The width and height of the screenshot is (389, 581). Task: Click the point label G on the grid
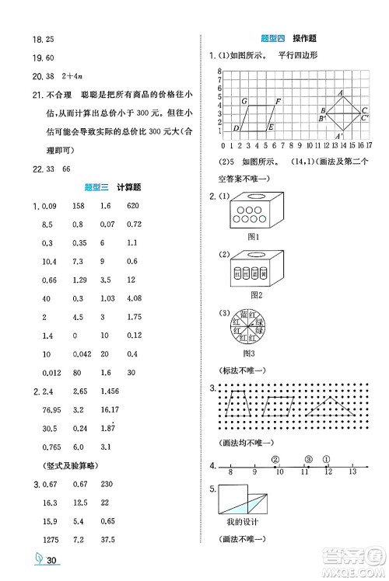[244, 102]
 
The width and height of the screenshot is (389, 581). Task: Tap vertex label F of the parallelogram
[278, 102]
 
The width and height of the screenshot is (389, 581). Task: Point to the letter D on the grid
[236, 127]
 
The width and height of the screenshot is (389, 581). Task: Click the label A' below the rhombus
[339, 136]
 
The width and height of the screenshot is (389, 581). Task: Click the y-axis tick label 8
[221, 71]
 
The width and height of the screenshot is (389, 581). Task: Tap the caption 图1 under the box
[252, 235]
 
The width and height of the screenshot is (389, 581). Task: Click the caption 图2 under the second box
[252, 295]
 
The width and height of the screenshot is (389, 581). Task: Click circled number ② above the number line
[275, 458]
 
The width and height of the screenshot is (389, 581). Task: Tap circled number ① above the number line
[326, 458]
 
